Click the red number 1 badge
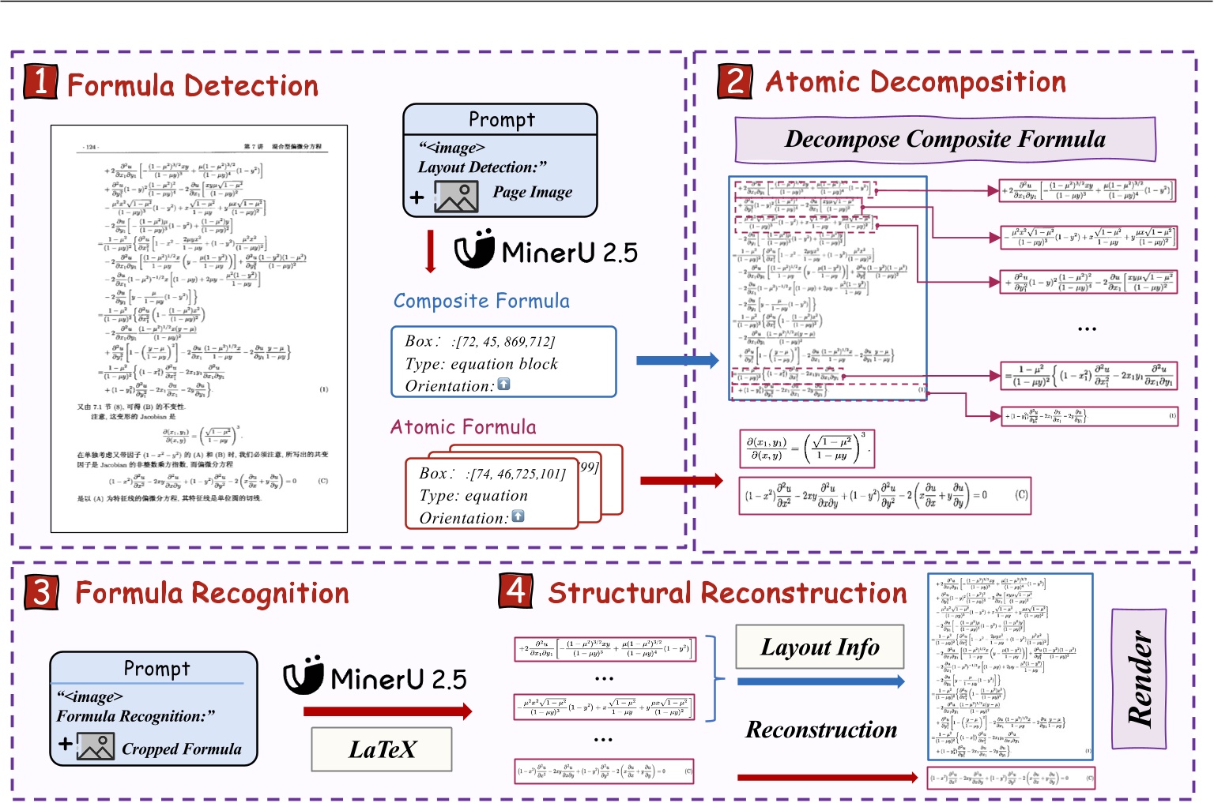tap(40, 81)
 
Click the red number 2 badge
tap(734, 81)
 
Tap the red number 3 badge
tap(41, 591)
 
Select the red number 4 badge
tap(515, 590)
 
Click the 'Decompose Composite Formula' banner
tap(944, 140)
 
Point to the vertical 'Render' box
tap(1139, 678)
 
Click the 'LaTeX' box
tap(382, 749)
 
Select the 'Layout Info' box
tap(820, 647)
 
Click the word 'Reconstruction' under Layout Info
tap(821, 730)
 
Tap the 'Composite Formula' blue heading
tap(481, 301)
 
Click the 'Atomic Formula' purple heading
tap(463, 427)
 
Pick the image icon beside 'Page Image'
tap(456, 197)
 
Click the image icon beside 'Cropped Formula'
tap(96, 747)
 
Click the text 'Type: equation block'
tap(481, 364)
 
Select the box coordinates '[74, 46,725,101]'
tap(518, 474)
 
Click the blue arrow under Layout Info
tap(820, 681)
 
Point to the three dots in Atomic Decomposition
tap(1087, 328)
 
